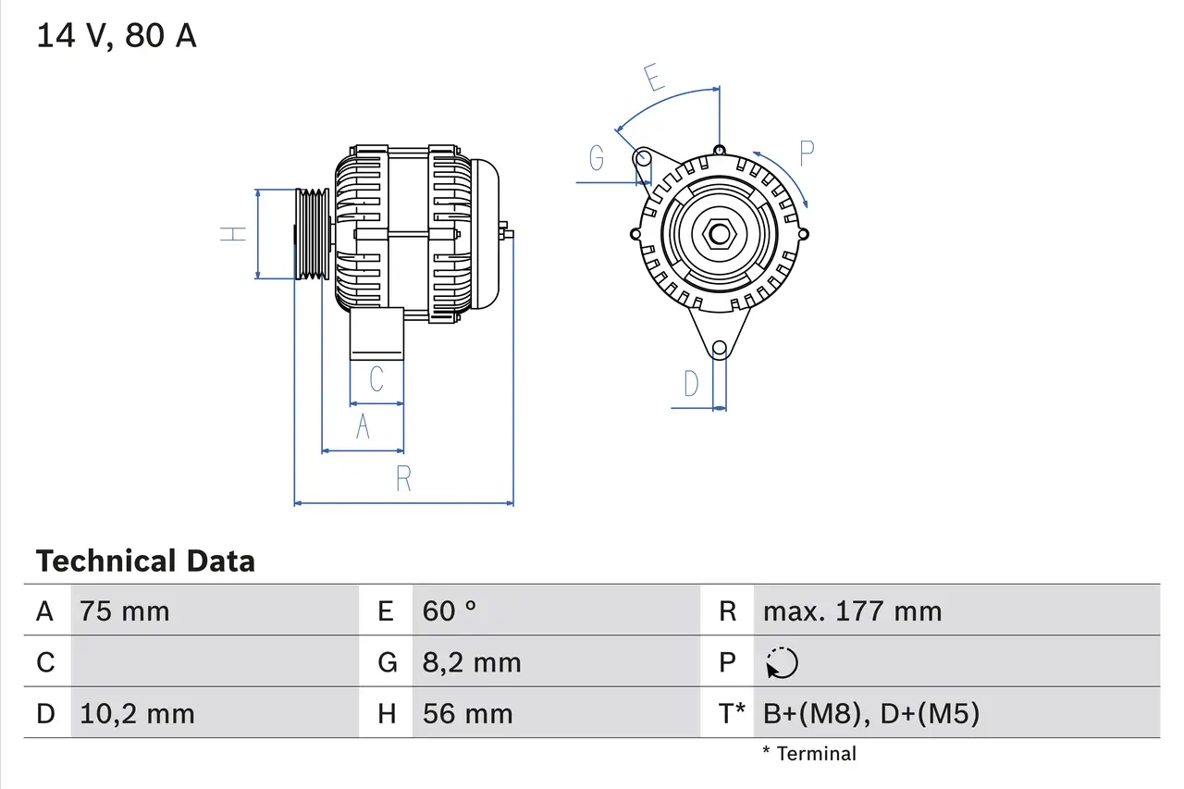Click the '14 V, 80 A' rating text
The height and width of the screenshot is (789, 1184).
117,36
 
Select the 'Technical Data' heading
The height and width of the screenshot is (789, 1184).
145,561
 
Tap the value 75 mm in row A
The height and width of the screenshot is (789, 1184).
125,611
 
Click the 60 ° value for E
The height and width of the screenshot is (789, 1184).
450,611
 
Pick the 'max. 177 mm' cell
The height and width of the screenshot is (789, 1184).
852,611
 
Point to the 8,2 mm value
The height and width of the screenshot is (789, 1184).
472,662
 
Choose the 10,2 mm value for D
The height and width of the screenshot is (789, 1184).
137,713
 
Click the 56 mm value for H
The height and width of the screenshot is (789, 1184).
467,713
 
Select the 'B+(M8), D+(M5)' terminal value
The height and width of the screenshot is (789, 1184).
870,713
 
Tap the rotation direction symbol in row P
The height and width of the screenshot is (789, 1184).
782,663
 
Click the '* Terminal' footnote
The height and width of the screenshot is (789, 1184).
809,754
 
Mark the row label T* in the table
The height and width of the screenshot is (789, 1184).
732,713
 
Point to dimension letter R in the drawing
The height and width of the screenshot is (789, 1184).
403,479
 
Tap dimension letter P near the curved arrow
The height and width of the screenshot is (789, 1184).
806,154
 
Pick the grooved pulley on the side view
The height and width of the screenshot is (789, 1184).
312,233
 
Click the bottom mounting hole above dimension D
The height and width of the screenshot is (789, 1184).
720,349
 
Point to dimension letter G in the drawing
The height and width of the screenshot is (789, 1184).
597,159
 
